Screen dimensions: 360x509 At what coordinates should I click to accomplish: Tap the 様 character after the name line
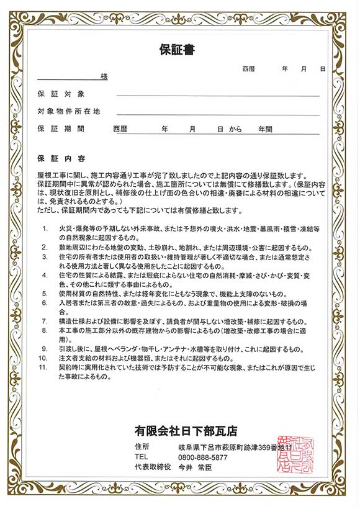tap(104, 77)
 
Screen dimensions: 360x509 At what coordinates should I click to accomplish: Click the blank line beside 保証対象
tap(217, 96)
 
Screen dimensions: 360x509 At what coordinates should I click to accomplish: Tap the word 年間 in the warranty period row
tap(266, 129)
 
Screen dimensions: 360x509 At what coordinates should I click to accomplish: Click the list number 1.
tap(45, 228)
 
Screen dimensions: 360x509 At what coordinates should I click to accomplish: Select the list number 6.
tap(45, 303)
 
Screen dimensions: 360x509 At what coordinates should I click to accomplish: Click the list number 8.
tap(45, 331)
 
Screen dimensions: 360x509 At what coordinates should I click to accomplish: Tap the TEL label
tap(141, 457)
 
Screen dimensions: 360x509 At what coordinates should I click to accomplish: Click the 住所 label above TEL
tap(142, 446)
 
